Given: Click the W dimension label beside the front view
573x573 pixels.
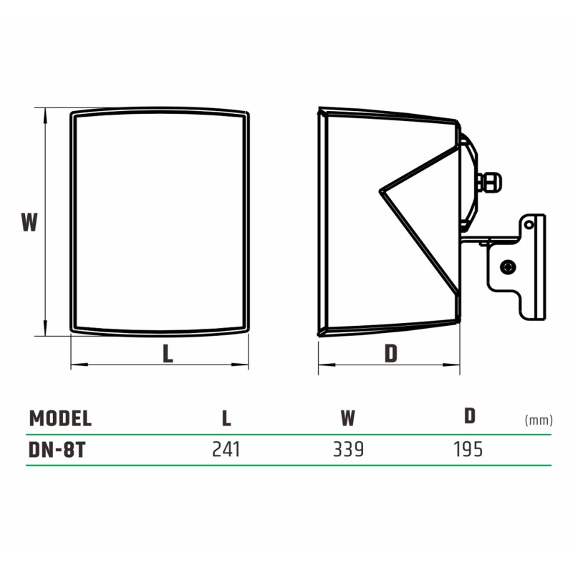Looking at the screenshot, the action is click(x=29, y=222).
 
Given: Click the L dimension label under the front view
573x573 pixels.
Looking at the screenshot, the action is click(x=168, y=353).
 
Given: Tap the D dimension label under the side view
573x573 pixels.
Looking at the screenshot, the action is click(x=391, y=353).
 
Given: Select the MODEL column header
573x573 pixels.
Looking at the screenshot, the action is click(x=60, y=418).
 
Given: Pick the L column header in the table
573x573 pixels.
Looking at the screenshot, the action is click(x=226, y=418).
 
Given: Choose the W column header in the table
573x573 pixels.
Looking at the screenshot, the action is click(x=348, y=418).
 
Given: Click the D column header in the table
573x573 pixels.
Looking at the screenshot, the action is click(x=470, y=416).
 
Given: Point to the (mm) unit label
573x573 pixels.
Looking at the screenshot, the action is click(x=539, y=420).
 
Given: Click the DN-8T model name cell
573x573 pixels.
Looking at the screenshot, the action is click(x=57, y=450).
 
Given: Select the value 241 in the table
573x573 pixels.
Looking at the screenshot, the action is click(x=226, y=450).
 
